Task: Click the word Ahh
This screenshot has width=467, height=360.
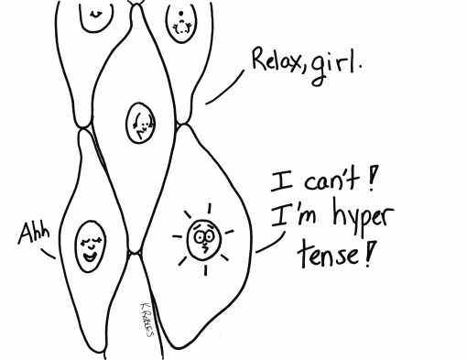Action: click(x=31, y=235)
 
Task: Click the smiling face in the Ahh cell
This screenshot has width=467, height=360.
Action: click(x=90, y=245)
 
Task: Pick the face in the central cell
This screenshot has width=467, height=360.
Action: click(x=141, y=120)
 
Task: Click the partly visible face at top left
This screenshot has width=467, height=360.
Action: click(x=94, y=13)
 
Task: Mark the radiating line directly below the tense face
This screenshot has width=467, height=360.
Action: click(x=206, y=271)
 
